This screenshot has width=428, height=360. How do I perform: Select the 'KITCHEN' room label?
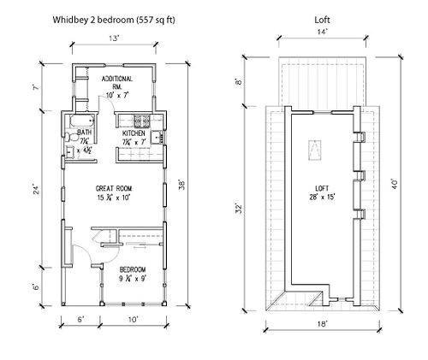(134, 134)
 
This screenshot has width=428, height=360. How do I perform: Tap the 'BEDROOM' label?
(134, 269)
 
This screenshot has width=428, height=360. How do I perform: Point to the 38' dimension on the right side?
(182, 186)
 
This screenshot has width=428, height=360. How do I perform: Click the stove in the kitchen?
(146, 121)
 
